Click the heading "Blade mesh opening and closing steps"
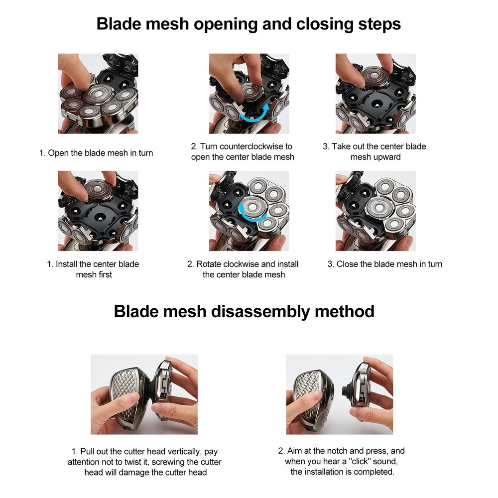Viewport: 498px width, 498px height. (x=249, y=24)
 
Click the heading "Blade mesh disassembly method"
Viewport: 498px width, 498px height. (x=244, y=311)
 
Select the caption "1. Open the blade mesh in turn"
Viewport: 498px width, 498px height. (x=96, y=153)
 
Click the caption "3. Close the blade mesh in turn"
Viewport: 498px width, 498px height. (x=384, y=264)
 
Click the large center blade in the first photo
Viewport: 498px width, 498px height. (x=98, y=94)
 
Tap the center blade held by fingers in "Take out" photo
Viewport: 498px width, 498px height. (x=375, y=77)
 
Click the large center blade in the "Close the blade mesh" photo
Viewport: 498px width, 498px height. (x=379, y=208)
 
